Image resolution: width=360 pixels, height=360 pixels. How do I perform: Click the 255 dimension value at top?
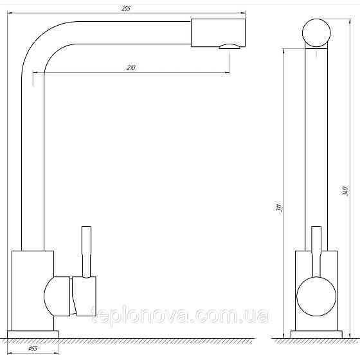pyautogui.click(x=126, y=8)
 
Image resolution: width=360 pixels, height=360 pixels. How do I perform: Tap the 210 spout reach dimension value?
pyautogui.click(x=131, y=67)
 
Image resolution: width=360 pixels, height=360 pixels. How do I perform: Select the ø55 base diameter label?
pyautogui.click(x=33, y=348)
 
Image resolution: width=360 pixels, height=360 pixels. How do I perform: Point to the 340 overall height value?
pyautogui.click(x=345, y=191)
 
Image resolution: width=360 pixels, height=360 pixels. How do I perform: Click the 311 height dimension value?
pyautogui.click(x=279, y=208)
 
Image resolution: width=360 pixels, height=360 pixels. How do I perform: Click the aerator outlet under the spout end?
pyautogui.click(x=230, y=46)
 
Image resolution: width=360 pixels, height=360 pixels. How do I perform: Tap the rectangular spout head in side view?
pyautogui.click(x=218, y=33)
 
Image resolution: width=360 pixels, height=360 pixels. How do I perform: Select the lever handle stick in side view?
pyautogui.click(x=87, y=252)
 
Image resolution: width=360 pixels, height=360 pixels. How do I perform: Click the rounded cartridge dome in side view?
pyautogui.click(x=57, y=296)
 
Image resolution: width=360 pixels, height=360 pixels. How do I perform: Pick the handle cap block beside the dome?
pyautogui.click(x=84, y=296)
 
